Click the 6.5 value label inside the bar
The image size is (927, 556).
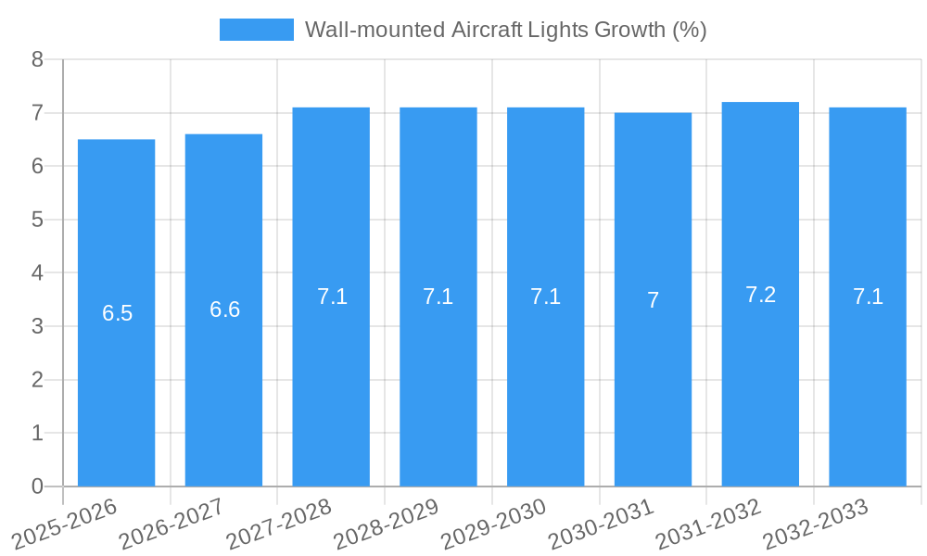pyautogui.click(x=117, y=313)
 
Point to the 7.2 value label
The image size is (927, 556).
pyautogui.click(x=760, y=295)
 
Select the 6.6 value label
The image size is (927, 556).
pyautogui.click(x=224, y=310)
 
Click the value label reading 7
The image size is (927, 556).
pyautogui.click(x=653, y=300)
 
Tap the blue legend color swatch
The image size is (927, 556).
pyautogui.click(x=256, y=30)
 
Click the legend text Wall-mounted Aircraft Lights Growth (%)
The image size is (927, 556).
pyautogui.click(x=505, y=30)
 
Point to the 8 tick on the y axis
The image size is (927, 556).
pyautogui.click(x=37, y=59)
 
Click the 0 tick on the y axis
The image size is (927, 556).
pyautogui.click(x=37, y=486)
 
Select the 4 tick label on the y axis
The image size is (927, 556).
pyautogui.click(x=37, y=273)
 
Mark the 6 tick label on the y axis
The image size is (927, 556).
pyautogui.click(x=37, y=167)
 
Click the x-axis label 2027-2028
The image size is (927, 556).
pyautogui.click(x=280, y=524)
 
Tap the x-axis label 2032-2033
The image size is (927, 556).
pyautogui.click(x=816, y=524)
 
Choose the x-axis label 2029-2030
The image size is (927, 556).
pyautogui.click(x=494, y=524)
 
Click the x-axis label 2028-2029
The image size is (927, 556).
pyautogui.click(x=387, y=524)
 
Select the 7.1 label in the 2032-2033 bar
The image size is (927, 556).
pyautogui.click(x=868, y=297)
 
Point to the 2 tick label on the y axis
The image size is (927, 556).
pyautogui.click(x=37, y=380)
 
